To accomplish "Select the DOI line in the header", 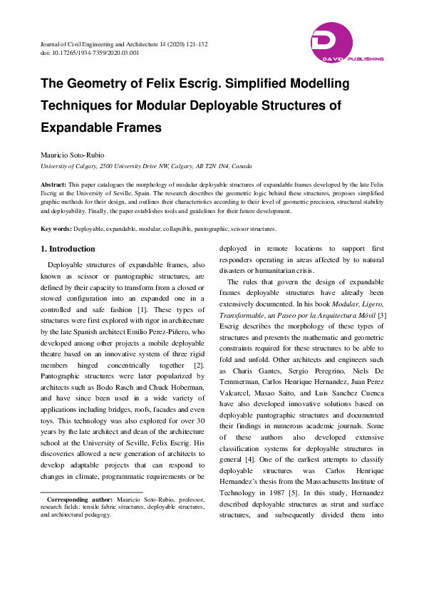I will coord(90,53).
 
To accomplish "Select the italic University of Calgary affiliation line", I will coord(146,166).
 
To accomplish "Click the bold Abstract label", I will coord(53,184).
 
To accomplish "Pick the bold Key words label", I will coord(56,229).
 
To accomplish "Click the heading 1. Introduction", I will coord(68,249).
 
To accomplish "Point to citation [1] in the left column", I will coord(143,311).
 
